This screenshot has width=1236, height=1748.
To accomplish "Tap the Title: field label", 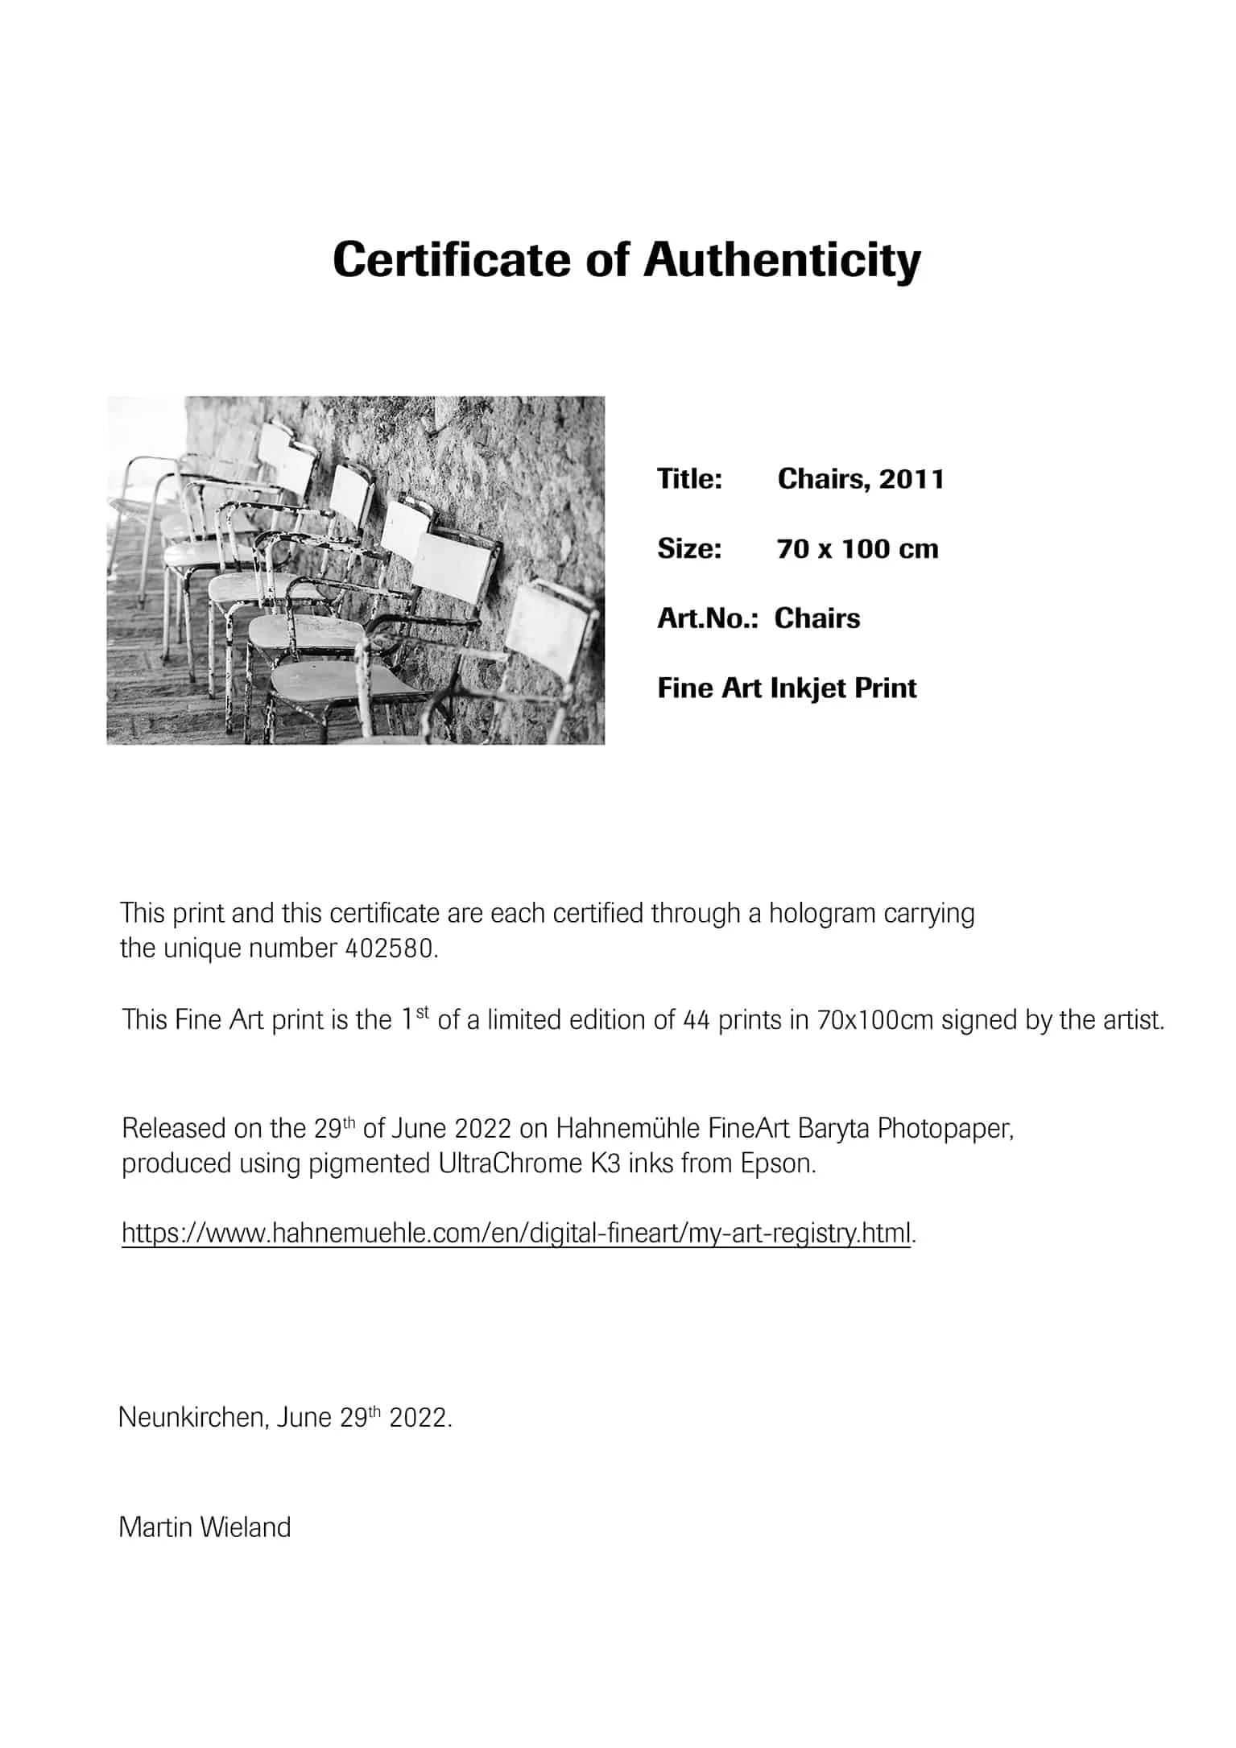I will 689,479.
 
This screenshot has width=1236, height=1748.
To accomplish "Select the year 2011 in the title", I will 911,479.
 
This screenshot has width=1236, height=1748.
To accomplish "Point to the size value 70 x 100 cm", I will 858,549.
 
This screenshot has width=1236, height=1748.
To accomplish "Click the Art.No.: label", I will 708,618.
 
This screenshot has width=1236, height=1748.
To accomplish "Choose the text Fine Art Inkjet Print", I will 787,688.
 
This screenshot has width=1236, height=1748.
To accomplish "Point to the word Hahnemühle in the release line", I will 628,1128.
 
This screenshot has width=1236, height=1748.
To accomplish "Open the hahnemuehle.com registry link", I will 516,1233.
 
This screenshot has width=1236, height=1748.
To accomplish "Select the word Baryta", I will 833,1128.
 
